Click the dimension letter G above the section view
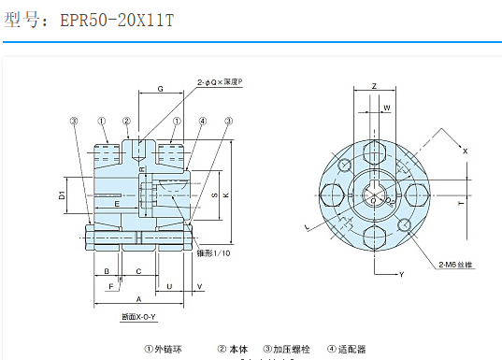pyautogui.click(x=161, y=88)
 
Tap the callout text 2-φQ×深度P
pyautogui.click(x=219, y=83)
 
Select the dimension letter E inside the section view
pyautogui.click(x=116, y=203)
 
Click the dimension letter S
pyautogui.click(x=213, y=194)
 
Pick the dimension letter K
pyautogui.click(x=226, y=194)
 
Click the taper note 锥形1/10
pyautogui.click(x=214, y=253)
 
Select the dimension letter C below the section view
pyautogui.click(x=138, y=271)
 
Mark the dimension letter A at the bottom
pyautogui.click(x=138, y=299)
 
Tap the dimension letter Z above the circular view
pyautogui.click(x=373, y=86)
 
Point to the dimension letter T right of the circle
pyautogui.click(x=460, y=201)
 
